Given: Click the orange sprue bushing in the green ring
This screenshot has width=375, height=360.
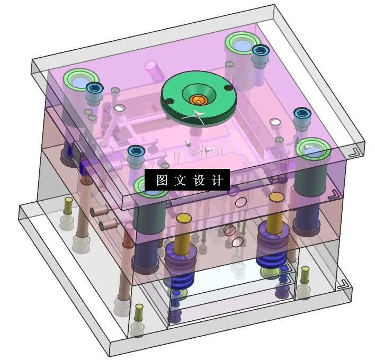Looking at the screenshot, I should coord(199,98).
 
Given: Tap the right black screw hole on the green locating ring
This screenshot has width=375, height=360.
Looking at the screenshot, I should coord(228,88).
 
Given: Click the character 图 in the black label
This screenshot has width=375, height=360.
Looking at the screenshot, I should coord(162,181).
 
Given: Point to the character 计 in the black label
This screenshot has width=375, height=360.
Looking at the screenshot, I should coord(217,181).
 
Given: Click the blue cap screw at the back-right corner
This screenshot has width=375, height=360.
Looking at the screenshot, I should coord(260,50).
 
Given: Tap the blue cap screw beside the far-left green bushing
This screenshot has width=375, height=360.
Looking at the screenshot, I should coord(94,88).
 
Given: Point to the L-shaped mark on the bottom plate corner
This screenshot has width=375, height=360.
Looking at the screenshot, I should coord(341,284).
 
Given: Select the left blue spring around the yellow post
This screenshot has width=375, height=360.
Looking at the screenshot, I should coord(176,263).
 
